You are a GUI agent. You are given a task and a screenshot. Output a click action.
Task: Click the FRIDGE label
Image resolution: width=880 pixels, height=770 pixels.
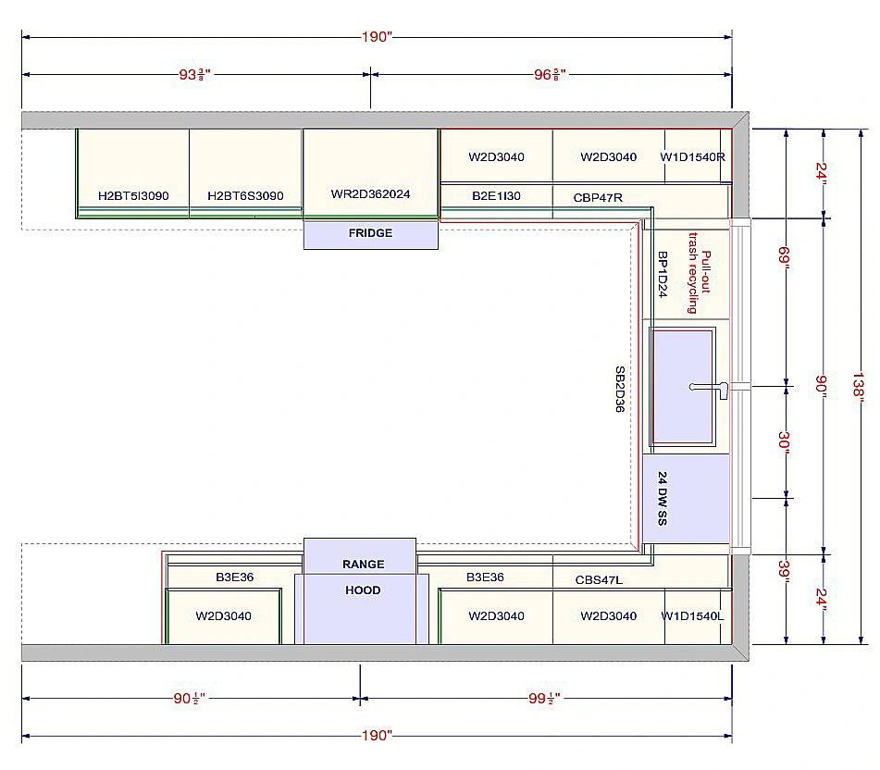pyautogui.click(x=370, y=233)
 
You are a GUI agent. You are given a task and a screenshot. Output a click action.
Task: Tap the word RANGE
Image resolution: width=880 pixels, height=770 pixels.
pyautogui.click(x=363, y=564)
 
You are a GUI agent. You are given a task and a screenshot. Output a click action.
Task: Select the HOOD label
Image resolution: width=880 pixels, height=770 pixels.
pyautogui.click(x=363, y=590)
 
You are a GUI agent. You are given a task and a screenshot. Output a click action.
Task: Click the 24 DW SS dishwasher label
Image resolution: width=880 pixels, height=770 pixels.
pyautogui.click(x=663, y=500)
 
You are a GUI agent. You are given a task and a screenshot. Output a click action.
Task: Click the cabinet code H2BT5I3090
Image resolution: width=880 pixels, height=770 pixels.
pyautogui.click(x=133, y=196)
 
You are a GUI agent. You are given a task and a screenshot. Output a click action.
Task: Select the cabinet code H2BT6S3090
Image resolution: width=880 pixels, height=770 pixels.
pyautogui.click(x=245, y=196)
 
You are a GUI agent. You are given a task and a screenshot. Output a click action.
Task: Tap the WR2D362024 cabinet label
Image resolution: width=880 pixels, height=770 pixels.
pyautogui.click(x=370, y=194)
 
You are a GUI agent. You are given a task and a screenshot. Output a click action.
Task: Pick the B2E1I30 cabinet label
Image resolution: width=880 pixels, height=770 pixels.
pyautogui.click(x=496, y=196)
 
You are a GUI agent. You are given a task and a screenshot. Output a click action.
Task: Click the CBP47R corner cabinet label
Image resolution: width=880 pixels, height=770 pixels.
pyautogui.click(x=598, y=197)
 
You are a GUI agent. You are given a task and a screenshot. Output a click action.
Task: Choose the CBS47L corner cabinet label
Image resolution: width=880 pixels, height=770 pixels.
pyautogui.click(x=599, y=579)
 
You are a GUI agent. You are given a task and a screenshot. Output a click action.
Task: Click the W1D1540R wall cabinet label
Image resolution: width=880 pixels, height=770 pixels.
pyautogui.click(x=692, y=157)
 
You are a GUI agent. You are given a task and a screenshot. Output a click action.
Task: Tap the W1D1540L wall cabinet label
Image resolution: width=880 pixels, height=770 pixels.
pyautogui.click(x=692, y=616)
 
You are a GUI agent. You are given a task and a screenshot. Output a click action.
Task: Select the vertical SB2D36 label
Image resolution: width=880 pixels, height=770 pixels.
pyautogui.click(x=620, y=389)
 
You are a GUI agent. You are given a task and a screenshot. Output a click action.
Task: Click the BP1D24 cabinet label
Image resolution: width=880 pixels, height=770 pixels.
pyautogui.click(x=663, y=273)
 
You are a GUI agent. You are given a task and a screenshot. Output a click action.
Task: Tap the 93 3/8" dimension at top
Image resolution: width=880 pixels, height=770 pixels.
pyautogui.click(x=195, y=74)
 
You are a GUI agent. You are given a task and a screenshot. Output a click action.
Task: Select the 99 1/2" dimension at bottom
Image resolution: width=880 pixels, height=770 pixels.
pyautogui.click(x=546, y=699)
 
